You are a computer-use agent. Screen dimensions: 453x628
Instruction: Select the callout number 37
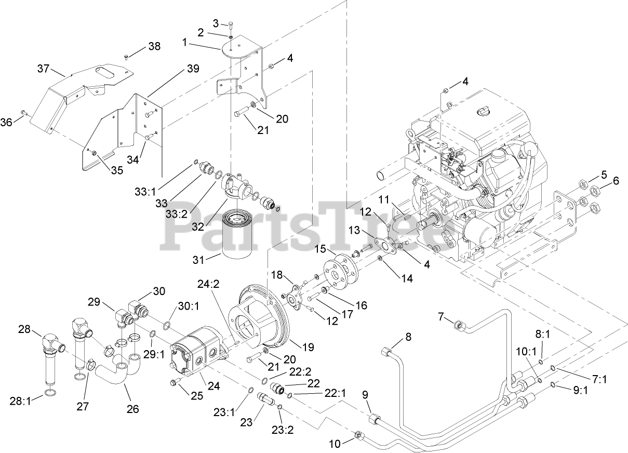pyautogui.click(x=43, y=69)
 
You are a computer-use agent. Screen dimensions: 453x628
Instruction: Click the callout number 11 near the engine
pyautogui.click(x=384, y=199)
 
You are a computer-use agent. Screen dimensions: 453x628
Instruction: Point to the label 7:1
pyautogui.click(x=599, y=379)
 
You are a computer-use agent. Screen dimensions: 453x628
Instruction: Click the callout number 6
pyautogui.click(x=616, y=181)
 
